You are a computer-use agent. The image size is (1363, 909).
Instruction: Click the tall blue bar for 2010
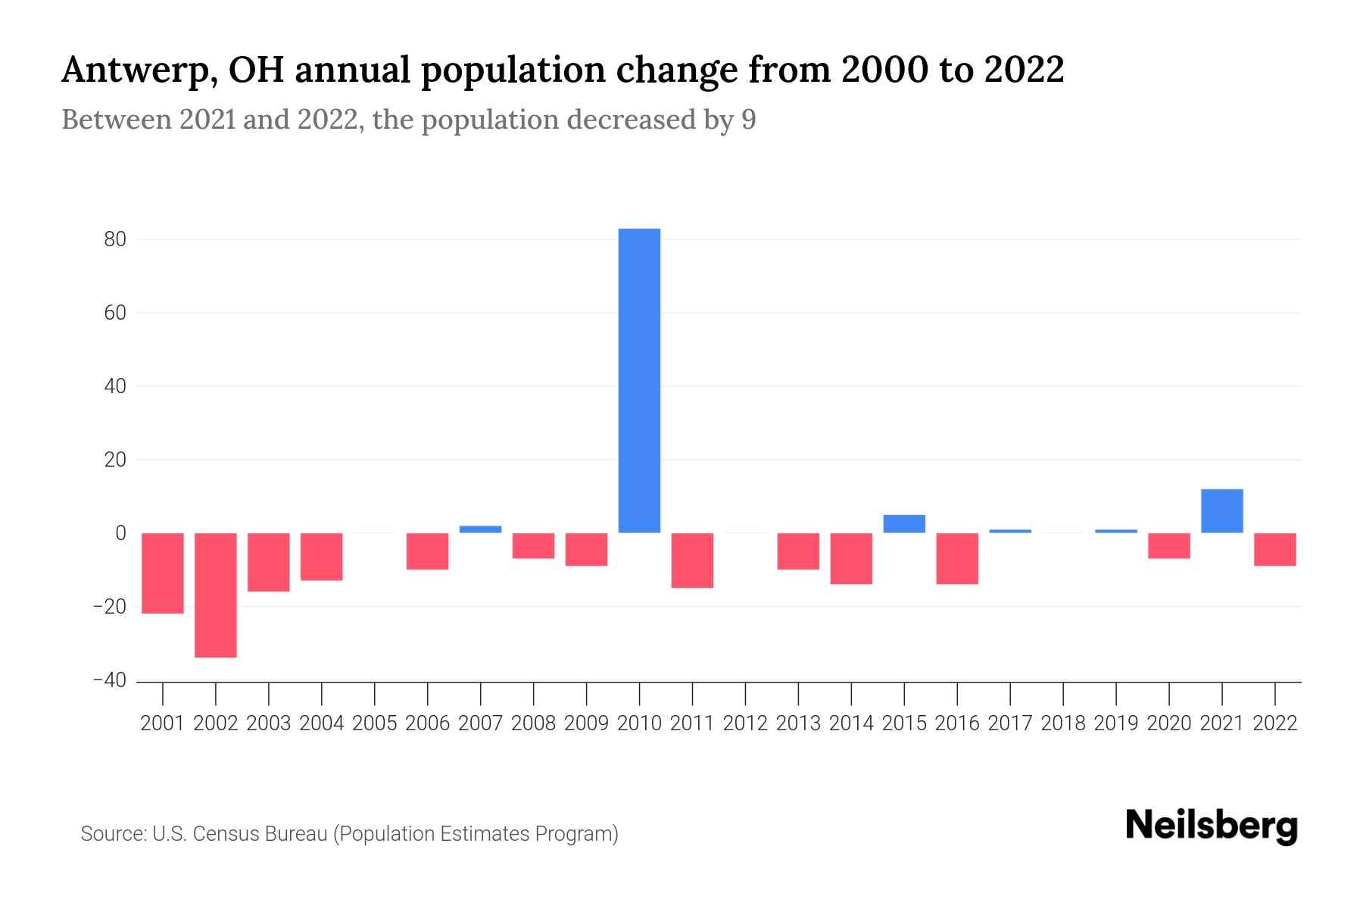tap(639, 380)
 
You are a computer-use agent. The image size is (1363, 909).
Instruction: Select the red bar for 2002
tap(216, 595)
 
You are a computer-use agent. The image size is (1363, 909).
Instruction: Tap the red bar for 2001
tap(163, 573)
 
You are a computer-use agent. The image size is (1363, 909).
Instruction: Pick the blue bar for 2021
tap(1221, 511)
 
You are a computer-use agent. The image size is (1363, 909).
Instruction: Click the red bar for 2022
tap(1274, 549)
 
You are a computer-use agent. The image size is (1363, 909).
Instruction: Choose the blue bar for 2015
tap(904, 524)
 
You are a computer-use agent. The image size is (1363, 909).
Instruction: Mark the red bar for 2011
tap(692, 560)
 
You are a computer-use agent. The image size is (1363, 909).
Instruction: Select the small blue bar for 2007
tap(480, 529)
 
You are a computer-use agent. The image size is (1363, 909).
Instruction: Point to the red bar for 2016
tap(957, 558)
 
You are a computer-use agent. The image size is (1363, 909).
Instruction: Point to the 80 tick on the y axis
tap(116, 239)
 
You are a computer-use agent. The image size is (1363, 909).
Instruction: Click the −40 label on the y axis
tap(110, 680)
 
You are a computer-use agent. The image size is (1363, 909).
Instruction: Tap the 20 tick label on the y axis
tap(116, 460)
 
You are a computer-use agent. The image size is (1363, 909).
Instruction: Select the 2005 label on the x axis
tap(375, 723)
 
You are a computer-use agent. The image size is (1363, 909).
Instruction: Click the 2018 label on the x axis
tap(1063, 723)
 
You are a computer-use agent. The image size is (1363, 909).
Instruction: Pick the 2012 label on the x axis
tap(745, 723)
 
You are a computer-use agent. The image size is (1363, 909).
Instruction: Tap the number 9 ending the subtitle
tap(748, 120)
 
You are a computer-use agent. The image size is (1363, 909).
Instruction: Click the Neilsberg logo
tap(1211, 826)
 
